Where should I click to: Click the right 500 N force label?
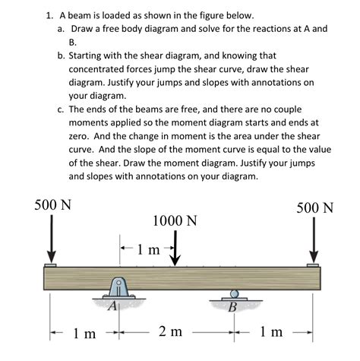pos(314,207)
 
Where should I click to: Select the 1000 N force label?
pos(175,221)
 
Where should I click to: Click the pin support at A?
pos(119,290)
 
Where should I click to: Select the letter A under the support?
pos(112,306)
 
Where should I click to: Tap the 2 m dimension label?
pos(171,332)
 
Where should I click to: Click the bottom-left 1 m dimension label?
pos(84,333)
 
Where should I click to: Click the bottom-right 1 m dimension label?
pos(271,332)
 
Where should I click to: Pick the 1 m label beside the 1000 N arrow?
pos(149,249)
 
